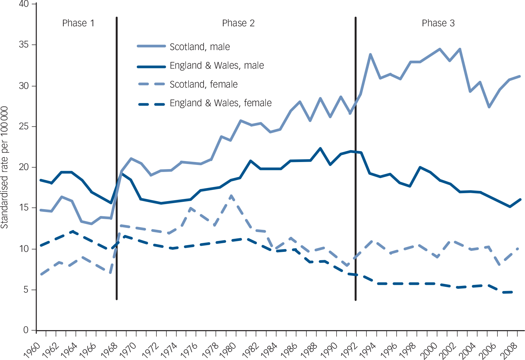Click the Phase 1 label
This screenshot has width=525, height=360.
[x=78, y=23]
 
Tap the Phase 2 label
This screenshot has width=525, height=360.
[x=238, y=23]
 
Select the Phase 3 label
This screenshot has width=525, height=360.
[x=438, y=23]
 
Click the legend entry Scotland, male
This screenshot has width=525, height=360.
[x=200, y=47]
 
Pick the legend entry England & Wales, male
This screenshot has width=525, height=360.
[x=217, y=65]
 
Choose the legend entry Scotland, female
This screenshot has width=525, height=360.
[x=204, y=84]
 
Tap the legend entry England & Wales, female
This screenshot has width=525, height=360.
[x=221, y=103]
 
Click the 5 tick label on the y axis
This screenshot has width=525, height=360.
[x=26, y=290]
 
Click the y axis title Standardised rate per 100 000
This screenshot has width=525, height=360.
[x=4, y=167]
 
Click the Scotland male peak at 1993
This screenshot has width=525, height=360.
[x=370, y=55]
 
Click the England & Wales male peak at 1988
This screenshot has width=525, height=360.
[x=320, y=148]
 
